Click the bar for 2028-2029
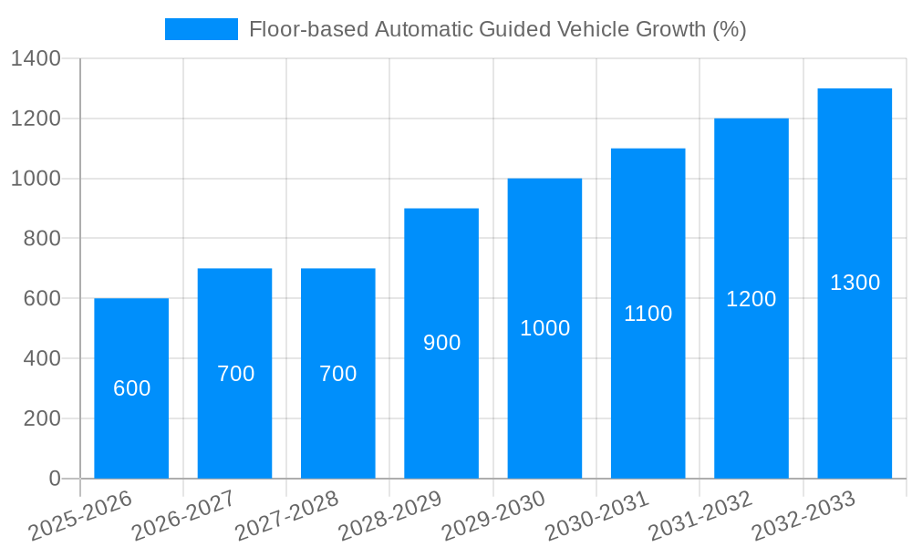441,410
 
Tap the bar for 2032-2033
855,365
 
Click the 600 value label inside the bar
131,388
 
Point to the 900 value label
441,343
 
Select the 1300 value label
855,283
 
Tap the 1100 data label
648,314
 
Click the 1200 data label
751,298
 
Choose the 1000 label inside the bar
544,328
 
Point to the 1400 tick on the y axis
36,59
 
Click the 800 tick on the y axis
42,239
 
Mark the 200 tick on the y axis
42,418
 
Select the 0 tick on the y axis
54,479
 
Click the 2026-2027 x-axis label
183,515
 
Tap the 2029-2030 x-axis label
493,515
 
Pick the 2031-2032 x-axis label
700,515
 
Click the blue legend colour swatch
201,29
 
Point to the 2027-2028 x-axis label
286,515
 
